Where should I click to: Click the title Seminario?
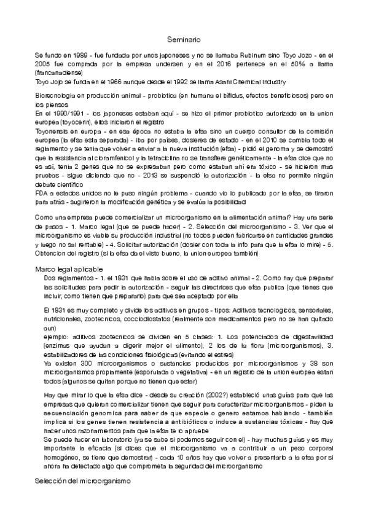pos(184,39)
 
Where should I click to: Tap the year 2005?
pos(44,64)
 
